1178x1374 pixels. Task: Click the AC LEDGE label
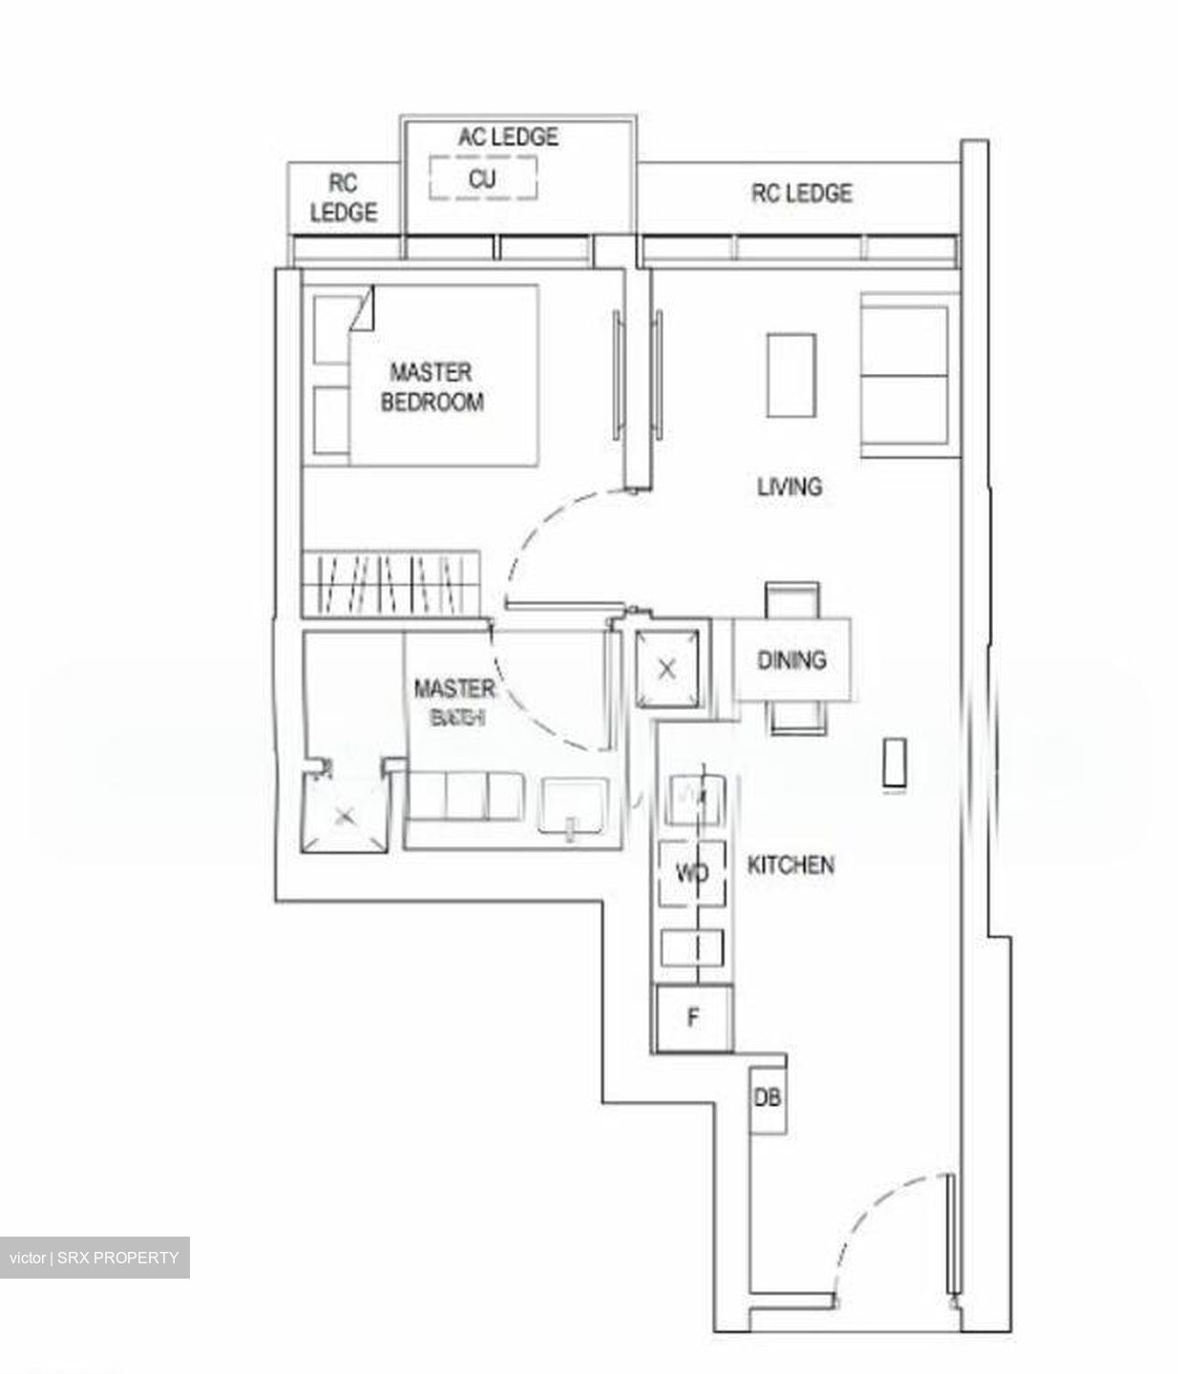coord(508,137)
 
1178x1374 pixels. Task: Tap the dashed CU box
coord(482,178)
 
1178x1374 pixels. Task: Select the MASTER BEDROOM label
coord(431,386)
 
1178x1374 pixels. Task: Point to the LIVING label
coord(789,487)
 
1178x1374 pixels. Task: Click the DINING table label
coord(791,659)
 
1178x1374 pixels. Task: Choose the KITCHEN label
coord(790,865)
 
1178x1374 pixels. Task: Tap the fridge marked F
coord(693,1018)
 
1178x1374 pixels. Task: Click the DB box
coord(768,1097)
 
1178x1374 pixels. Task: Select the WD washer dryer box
coord(692,872)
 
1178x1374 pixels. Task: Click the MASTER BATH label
coord(454,701)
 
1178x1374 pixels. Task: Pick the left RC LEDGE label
coord(344,198)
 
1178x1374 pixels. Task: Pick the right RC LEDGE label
coord(801,194)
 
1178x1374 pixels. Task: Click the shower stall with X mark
coord(345,814)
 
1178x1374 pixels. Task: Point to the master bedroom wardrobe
coord(390,583)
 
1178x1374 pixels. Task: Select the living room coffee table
coord(791,375)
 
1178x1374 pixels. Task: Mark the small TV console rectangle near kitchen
coord(894,763)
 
